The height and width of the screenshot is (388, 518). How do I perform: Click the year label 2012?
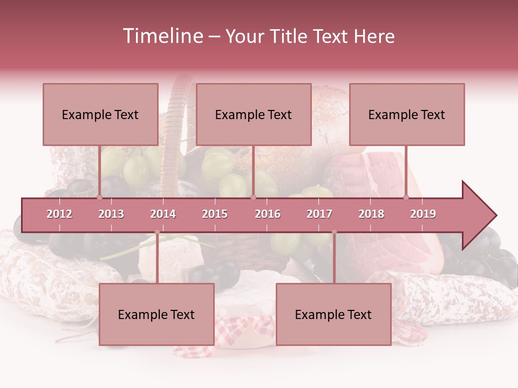(59, 214)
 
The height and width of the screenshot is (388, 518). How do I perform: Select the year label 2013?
(111, 214)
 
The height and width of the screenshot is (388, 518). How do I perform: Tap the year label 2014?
(163, 214)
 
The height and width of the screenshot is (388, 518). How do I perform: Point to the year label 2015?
(215, 214)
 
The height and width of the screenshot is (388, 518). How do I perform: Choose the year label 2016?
(268, 214)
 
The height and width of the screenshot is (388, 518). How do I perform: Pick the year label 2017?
(319, 214)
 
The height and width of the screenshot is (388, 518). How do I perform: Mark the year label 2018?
(371, 214)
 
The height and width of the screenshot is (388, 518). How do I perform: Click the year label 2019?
(423, 214)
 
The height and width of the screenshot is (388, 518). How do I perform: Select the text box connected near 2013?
(100, 114)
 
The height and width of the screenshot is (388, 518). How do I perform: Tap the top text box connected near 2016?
(254, 114)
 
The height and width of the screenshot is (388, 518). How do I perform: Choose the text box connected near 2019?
(407, 114)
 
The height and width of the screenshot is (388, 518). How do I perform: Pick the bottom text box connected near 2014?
(156, 314)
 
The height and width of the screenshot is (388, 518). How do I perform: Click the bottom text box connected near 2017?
(333, 314)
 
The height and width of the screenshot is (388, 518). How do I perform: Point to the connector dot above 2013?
(100, 197)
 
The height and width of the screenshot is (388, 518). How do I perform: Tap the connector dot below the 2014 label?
(157, 232)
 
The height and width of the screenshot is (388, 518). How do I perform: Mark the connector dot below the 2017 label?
(334, 232)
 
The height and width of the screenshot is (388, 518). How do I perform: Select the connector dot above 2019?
(406, 197)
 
